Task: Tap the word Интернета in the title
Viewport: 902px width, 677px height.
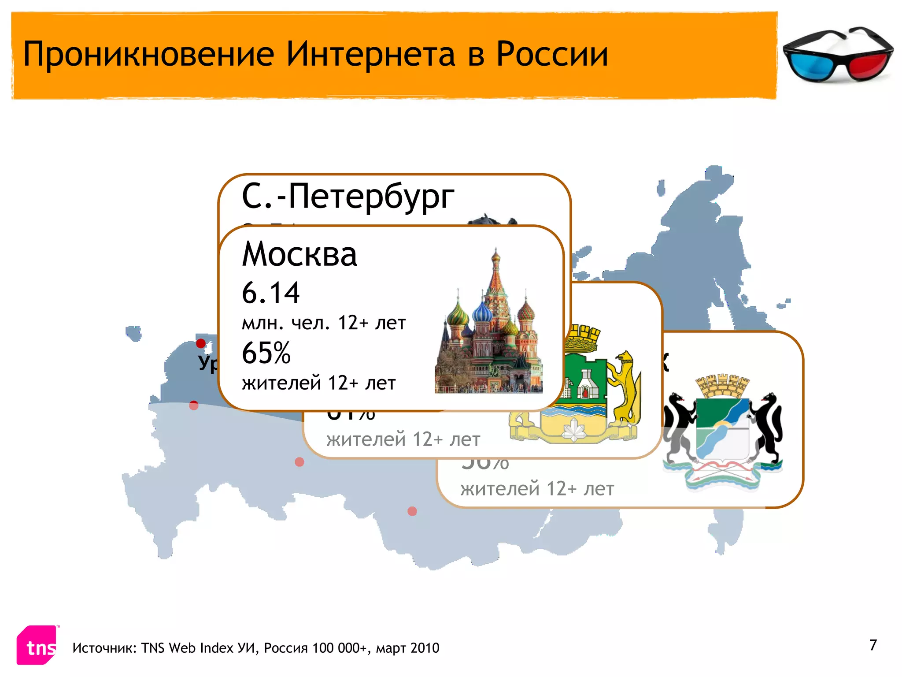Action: pyautogui.click(x=371, y=54)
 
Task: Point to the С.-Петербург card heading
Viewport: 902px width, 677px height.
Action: pyautogui.click(x=348, y=196)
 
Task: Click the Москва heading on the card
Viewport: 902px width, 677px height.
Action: pyautogui.click(x=299, y=255)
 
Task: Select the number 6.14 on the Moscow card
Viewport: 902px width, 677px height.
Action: pyautogui.click(x=270, y=293)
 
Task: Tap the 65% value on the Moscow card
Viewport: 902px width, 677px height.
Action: pyautogui.click(x=266, y=353)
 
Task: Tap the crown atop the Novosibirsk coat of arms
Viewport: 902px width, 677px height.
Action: pyautogui.click(x=722, y=386)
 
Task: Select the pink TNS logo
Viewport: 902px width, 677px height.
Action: pyautogui.click(x=37, y=645)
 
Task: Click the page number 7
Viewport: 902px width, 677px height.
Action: pyautogui.click(x=873, y=645)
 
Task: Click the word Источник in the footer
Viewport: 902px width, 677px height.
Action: pyautogui.click(x=106, y=648)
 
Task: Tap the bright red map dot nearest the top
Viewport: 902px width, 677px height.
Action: pyautogui.click(x=201, y=343)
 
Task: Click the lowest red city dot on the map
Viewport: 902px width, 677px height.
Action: pyautogui.click(x=412, y=511)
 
